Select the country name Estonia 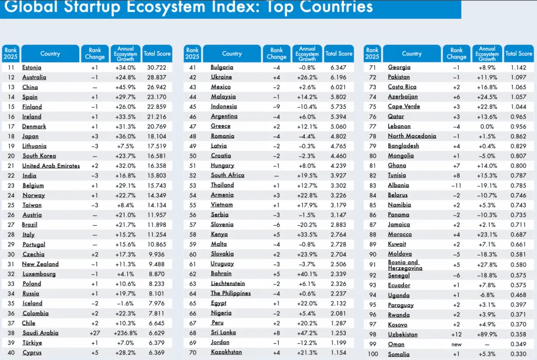pos(32,67)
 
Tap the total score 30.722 pos(157,67)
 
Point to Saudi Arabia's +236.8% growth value pos(125,333)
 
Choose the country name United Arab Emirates pos(51,165)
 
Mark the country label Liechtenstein pos(228,283)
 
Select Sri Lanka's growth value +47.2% pos(307,333)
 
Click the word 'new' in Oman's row pos(456,344)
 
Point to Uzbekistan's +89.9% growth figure pos(487,334)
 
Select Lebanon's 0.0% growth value pos(487,126)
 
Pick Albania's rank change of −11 pos(456,185)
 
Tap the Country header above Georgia pos(412,54)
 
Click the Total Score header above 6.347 pos(339,54)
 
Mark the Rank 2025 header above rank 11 pos(10,54)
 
